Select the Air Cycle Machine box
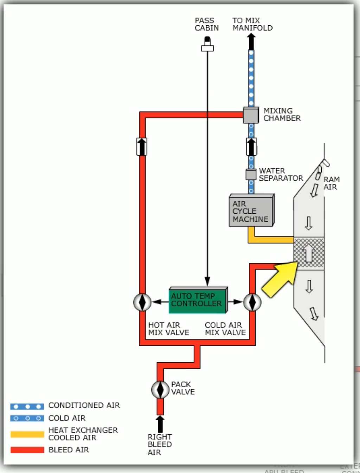251,211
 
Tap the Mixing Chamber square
251,115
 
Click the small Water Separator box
251,175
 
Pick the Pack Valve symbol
160,389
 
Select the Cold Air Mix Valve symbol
252,302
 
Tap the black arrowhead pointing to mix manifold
251,41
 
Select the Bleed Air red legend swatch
27,450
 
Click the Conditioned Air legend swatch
27,407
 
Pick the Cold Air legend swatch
27,418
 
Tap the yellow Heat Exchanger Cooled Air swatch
27,434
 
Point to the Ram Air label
331,183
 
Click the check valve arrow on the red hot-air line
142,147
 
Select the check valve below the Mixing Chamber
251,147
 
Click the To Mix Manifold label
252,24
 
